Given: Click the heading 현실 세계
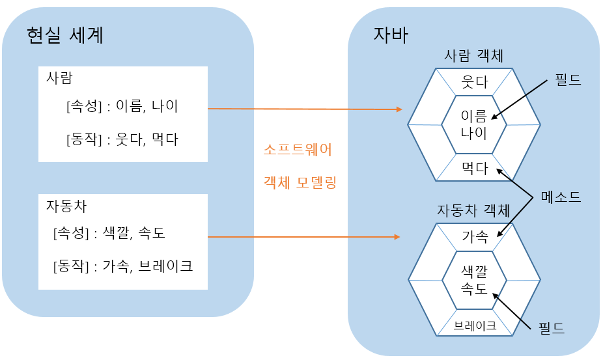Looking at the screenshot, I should coord(65,35).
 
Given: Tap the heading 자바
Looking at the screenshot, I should coord(391,35).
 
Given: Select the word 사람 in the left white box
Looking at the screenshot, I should coord(59,78).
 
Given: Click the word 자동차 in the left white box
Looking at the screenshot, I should coord(66,206).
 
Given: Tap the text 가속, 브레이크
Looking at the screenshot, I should coord(148,266).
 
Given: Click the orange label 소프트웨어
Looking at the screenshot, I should coord(298,150).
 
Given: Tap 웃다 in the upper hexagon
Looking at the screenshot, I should coord(475,83).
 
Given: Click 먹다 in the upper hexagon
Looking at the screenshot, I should coord(475,169).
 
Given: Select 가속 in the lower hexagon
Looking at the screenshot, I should coord(475,237).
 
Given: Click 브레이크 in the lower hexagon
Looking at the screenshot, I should coord(475,326).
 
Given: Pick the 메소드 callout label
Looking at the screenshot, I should coord(561,196).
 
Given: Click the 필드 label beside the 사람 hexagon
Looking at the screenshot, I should coord(568,80).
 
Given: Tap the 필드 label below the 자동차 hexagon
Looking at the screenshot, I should coord(551,327).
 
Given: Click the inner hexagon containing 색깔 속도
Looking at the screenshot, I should coord(475,279).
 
